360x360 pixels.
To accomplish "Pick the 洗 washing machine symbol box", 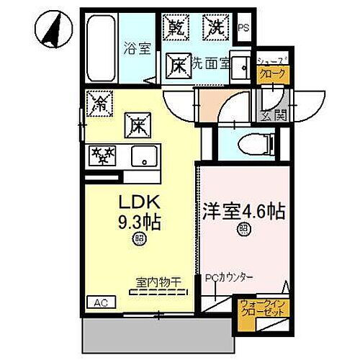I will [215, 28].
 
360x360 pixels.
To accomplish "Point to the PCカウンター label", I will [229, 276].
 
